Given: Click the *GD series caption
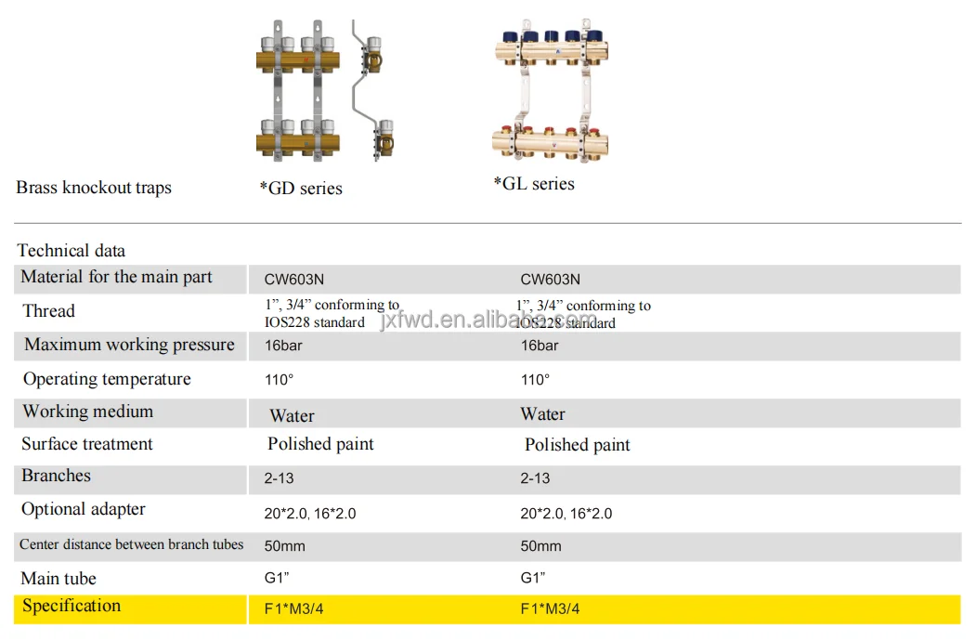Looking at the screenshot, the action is click(301, 189).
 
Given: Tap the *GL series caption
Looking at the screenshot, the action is click(534, 184).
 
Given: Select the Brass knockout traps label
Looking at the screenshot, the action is click(94, 188).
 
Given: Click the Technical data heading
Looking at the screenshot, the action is click(72, 251).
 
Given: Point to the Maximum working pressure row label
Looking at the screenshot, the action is click(129, 345).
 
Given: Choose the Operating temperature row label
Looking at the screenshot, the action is click(107, 379).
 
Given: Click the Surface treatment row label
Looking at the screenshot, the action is click(87, 444).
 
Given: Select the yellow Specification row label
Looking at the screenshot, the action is click(72, 606).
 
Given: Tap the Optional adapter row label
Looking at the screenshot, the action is click(84, 509).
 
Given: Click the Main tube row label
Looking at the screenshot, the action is click(59, 579).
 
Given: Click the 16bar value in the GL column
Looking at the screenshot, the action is click(540, 346).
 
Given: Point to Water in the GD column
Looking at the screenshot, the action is click(292, 415).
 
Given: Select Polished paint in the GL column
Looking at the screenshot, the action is click(577, 445).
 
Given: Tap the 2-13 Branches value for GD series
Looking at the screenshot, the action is click(279, 478).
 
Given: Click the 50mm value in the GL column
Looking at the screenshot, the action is click(540, 546).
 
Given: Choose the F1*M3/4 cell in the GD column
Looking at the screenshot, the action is click(294, 609).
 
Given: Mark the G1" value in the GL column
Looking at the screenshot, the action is click(532, 578).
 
